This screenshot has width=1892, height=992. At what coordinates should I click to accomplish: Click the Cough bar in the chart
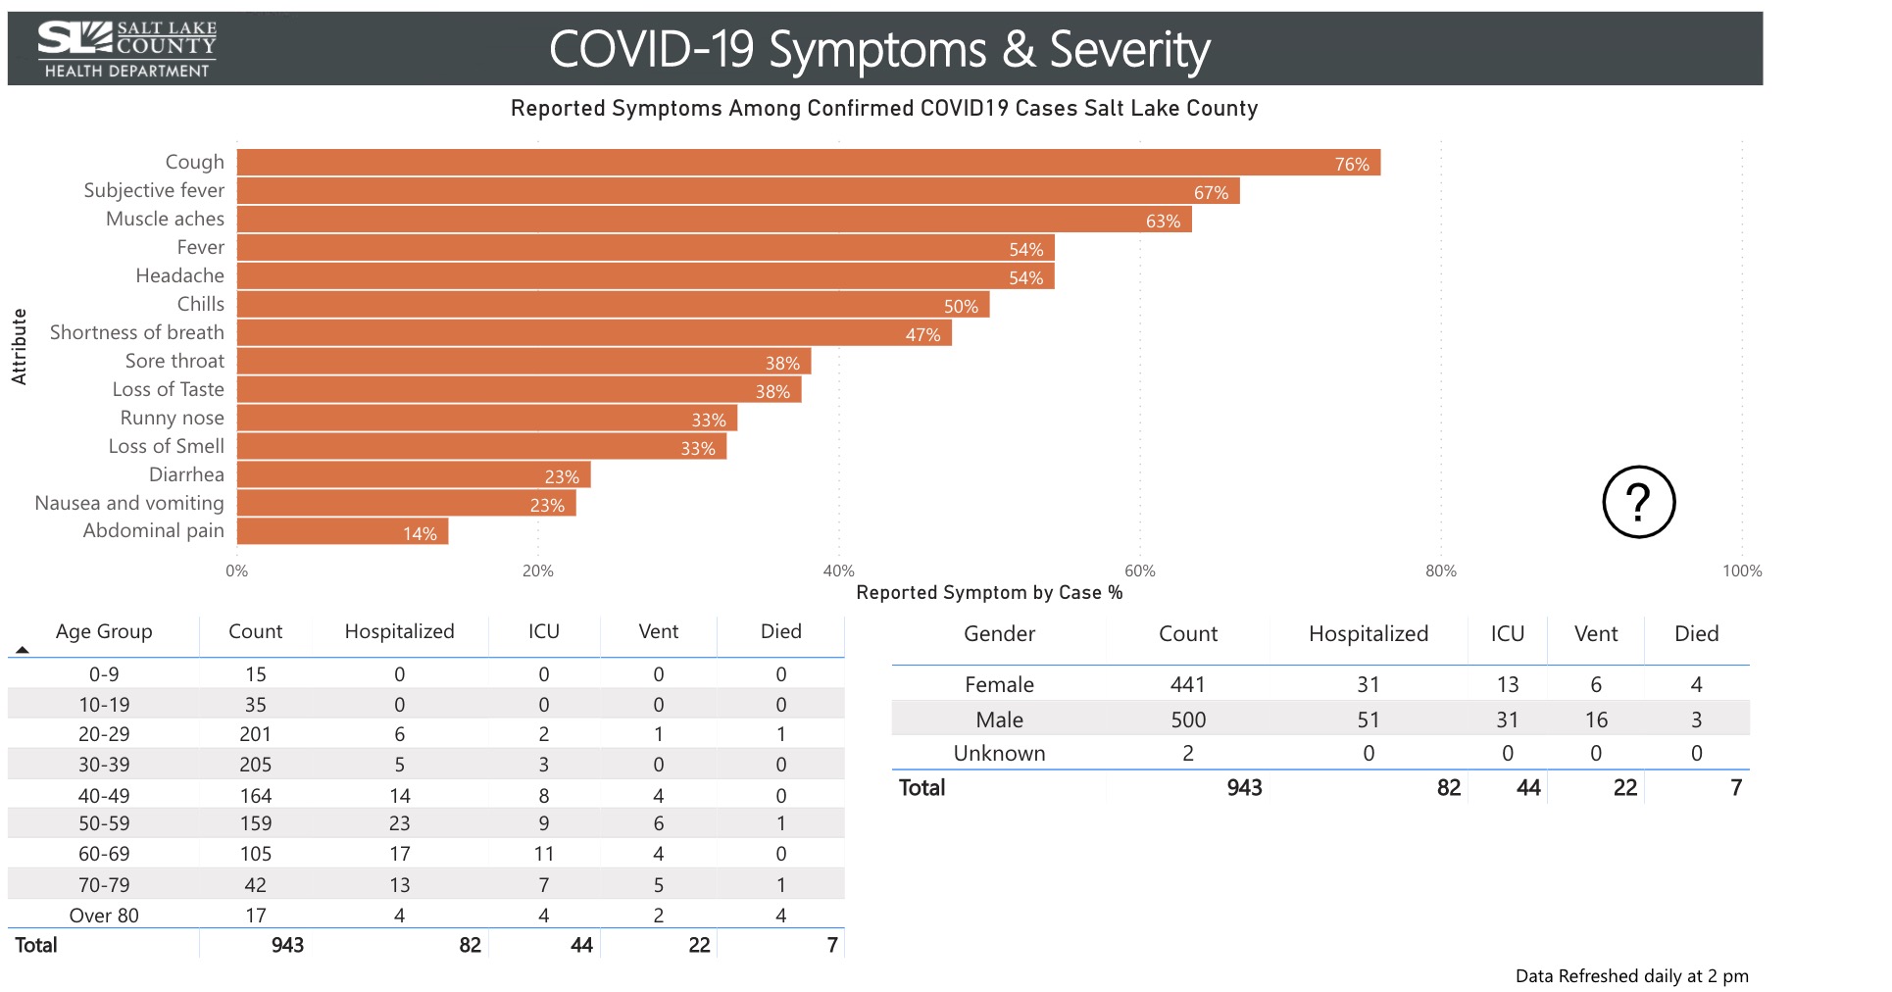[808, 163]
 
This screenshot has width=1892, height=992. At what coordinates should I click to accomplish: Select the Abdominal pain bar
[342, 531]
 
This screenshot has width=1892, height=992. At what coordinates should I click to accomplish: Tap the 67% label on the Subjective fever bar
[1211, 193]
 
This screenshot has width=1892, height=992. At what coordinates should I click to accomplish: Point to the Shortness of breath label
[137, 332]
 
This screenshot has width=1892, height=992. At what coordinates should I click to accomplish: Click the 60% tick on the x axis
[1139, 570]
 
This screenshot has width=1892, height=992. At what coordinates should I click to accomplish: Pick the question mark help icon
[1638, 502]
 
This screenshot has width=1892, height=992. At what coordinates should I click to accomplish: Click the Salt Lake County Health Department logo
[127, 49]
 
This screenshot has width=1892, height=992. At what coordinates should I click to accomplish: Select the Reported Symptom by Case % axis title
[989, 593]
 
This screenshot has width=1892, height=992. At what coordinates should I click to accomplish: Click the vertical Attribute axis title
[19, 346]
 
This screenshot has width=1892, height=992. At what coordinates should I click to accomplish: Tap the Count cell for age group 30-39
[255, 765]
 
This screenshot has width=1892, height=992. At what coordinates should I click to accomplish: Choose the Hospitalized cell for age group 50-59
[399, 823]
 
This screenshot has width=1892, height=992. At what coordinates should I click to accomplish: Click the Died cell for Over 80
[780, 916]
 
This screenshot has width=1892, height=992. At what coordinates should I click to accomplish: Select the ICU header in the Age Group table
[543, 631]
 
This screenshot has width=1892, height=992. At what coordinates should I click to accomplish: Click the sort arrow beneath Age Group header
[23, 650]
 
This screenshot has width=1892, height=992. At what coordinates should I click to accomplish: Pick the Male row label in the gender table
[999, 719]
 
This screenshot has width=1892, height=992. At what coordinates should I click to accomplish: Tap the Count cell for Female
[1187, 684]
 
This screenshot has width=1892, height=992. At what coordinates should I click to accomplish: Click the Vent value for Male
[1595, 719]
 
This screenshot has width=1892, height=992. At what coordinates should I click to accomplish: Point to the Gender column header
[999, 634]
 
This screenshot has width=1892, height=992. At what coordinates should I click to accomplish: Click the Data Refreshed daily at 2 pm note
[1631, 976]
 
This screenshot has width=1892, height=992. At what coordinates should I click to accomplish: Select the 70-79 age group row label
[104, 885]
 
